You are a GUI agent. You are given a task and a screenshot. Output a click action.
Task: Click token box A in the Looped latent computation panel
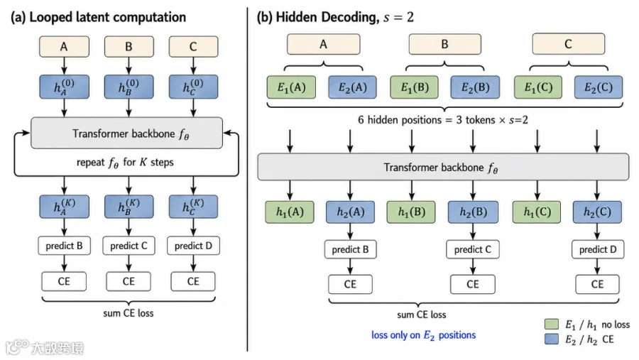[x=64, y=46]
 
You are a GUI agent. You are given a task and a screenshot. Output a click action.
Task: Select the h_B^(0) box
[x=129, y=87]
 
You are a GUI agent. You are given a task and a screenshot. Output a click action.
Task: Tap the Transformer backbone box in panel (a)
[x=127, y=133]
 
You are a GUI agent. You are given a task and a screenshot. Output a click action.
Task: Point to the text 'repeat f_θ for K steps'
[x=125, y=163]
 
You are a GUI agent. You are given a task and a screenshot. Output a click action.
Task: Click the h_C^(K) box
[x=193, y=207]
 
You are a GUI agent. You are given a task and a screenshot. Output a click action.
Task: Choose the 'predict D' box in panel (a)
[x=193, y=246]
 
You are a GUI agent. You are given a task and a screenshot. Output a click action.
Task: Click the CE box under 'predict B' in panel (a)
[x=64, y=281]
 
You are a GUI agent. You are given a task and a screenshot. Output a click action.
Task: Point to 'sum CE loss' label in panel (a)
[x=129, y=313]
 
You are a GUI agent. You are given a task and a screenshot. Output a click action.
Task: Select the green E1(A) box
[x=291, y=87]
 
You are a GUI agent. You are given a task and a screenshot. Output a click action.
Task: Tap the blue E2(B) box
[x=475, y=87]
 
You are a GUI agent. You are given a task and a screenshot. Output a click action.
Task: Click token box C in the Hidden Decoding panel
[x=569, y=44]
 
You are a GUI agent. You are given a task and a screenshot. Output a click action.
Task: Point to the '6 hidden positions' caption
[x=443, y=120]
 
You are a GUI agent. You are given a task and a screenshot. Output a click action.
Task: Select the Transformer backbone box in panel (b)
[x=443, y=167]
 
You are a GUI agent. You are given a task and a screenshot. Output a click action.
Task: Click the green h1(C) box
[x=537, y=212]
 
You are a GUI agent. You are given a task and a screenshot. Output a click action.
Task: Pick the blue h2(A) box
[x=351, y=212]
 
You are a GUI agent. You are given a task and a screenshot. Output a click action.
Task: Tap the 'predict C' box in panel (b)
[x=473, y=249]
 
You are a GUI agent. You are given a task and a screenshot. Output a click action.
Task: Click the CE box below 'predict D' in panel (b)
[x=597, y=284]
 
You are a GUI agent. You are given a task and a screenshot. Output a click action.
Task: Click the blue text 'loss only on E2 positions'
[x=423, y=335]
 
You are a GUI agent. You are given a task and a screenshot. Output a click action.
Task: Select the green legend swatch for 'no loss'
[x=552, y=324]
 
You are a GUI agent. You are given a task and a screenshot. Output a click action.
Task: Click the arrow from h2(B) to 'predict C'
[x=473, y=231]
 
